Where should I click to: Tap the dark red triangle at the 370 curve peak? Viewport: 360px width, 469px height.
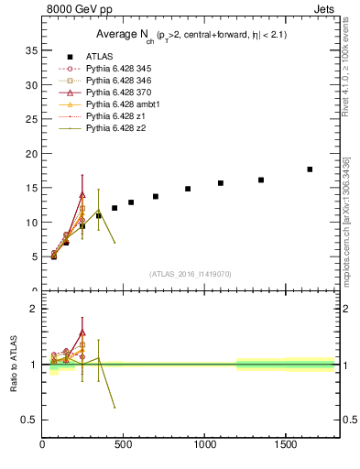(82, 194)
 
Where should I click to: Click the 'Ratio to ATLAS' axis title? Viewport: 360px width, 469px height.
(12, 365)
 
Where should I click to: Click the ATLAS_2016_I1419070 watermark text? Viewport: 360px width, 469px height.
(191, 274)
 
